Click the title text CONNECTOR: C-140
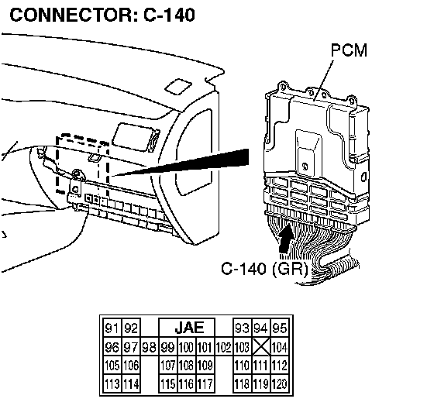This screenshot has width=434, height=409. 102,15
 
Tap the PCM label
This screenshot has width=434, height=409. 349,50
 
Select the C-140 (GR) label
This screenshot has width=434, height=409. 264,269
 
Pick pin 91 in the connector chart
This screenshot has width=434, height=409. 112,328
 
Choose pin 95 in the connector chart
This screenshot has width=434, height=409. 280,328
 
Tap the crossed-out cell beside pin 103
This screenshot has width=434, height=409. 261,347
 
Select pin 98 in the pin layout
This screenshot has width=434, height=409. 149,347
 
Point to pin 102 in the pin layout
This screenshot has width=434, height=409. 224,347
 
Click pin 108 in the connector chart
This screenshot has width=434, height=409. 186,366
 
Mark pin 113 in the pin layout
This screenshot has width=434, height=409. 112,383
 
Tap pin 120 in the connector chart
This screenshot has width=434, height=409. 280,383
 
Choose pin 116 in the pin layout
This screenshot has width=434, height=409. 186,383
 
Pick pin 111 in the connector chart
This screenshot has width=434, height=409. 261,366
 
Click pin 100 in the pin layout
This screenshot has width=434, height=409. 186,347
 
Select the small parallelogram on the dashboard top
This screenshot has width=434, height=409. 178,87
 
